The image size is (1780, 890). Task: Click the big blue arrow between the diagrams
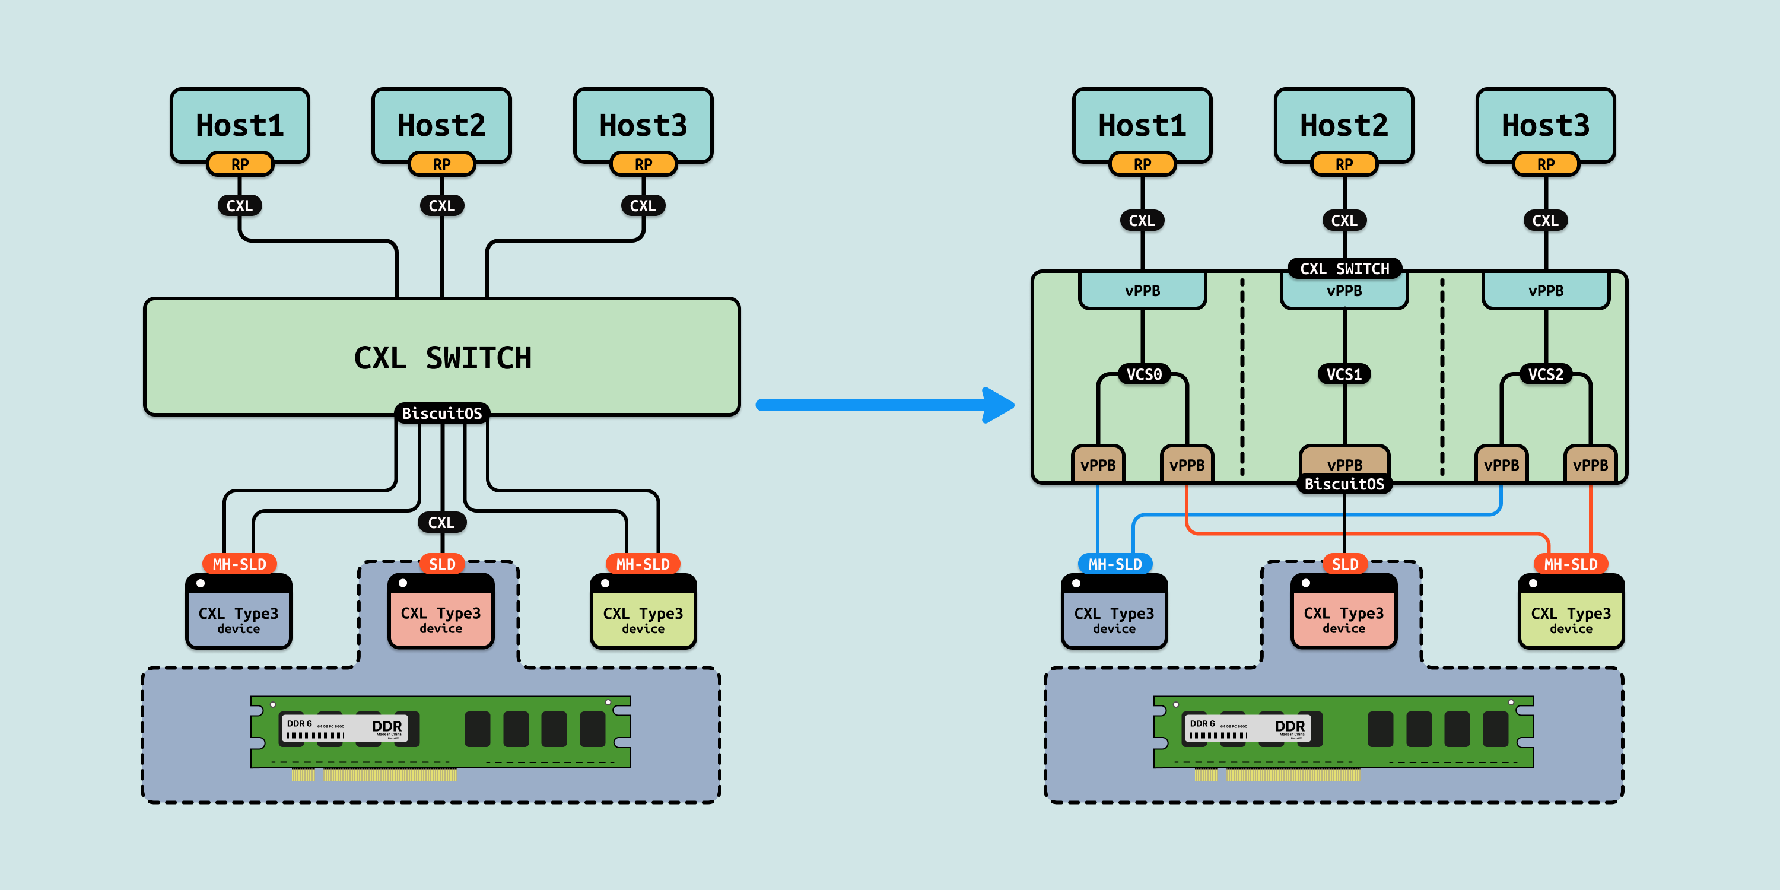[x=885, y=405]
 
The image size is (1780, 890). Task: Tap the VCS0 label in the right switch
[x=1143, y=374]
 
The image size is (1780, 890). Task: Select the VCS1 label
[x=1344, y=374]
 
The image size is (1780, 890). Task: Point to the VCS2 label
[x=1545, y=374]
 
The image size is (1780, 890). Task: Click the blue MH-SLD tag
[x=1114, y=564]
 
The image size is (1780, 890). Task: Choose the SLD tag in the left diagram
[x=442, y=564]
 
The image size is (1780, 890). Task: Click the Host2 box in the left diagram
[x=441, y=125]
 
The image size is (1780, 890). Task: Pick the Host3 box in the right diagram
[x=1545, y=125]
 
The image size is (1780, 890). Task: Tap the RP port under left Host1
[x=240, y=164]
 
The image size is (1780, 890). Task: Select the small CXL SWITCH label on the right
[x=1344, y=268]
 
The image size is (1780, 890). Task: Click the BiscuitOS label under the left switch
[x=442, y=413]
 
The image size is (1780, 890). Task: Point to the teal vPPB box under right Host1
[x=1142, y=291]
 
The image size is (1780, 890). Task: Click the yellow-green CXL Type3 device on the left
[x=643, y=615]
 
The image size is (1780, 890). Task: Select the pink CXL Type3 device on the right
[x=1343, y=615]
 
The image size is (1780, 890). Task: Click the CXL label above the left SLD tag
[x=441, y=522]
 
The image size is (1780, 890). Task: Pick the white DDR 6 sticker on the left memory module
[x=344, y=727]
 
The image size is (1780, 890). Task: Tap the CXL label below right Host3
[x=1545, y=221]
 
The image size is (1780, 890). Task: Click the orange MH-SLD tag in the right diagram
[x=1571, y=564]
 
